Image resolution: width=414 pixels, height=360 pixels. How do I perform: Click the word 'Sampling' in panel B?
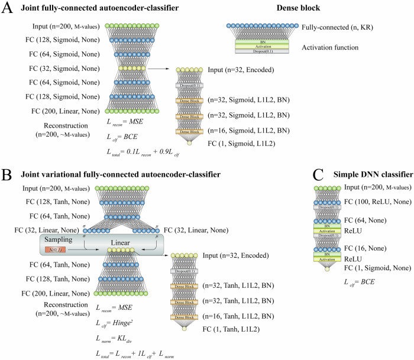[x=62, y=240]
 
